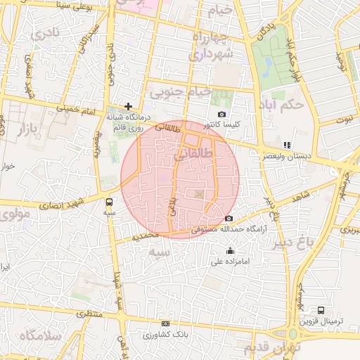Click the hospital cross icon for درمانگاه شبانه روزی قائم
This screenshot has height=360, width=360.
point(128,106)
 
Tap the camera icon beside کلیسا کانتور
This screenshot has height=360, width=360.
point(222,115)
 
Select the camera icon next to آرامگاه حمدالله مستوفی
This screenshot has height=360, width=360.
point(229,219)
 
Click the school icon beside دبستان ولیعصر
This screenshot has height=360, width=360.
point(286,145)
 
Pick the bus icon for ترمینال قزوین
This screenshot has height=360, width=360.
point(321,309)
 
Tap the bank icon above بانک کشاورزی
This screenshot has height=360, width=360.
point(165,323)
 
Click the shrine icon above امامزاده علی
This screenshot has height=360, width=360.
point(230,251)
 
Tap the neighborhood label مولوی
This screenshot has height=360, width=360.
point(15,213)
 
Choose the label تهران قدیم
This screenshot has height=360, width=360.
point(272,347)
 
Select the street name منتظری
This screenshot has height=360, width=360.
point(89,313)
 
